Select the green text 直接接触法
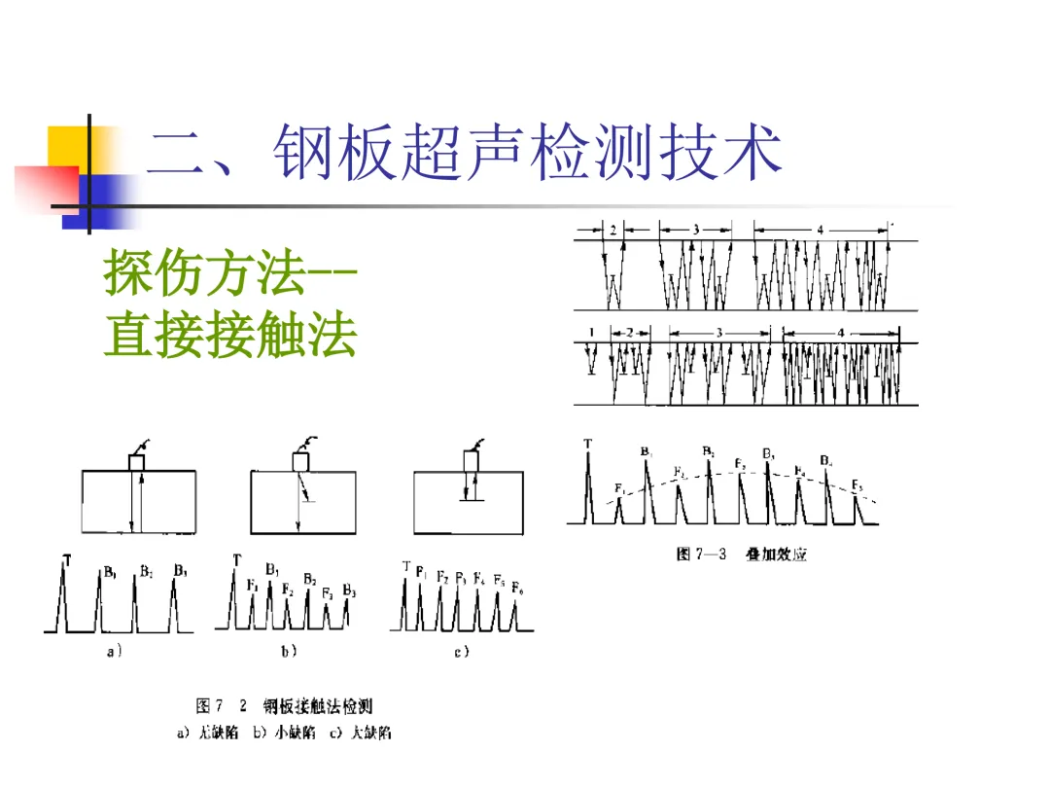230,337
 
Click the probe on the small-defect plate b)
299,460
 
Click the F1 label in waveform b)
253,585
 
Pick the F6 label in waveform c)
517,590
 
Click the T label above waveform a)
66,558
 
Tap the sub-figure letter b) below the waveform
289,652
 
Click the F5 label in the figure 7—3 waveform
857,484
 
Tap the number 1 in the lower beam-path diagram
591,333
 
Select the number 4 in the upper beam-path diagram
820,230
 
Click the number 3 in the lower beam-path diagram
718,333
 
